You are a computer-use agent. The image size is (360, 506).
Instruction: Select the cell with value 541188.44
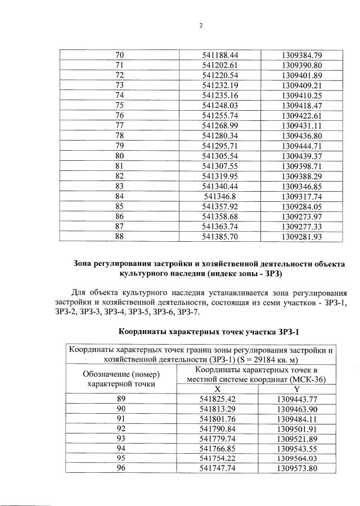pyautogui.click(x=220, y=55)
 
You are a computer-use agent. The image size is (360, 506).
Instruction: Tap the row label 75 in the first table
pyautogui.click(x=119, y=105)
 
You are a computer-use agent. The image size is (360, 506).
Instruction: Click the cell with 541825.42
pyautogui.click(x=217, y=399)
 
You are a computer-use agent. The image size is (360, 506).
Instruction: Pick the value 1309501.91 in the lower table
pyautogui.click(x=297, y=428)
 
